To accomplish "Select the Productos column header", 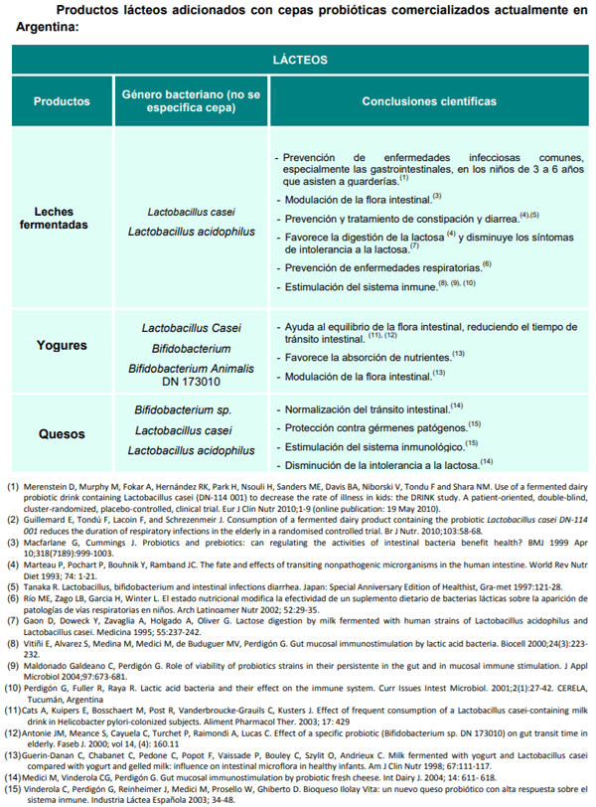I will click(62, 101).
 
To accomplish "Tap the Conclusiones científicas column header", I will click(430, 101).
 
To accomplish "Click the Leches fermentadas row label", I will click(62, 219).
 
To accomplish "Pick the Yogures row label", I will click(62, 346).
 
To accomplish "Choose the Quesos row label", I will click(62, 434).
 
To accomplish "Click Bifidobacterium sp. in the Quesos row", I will click(182, 409).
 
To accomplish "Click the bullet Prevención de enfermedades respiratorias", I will click(382, 267).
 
